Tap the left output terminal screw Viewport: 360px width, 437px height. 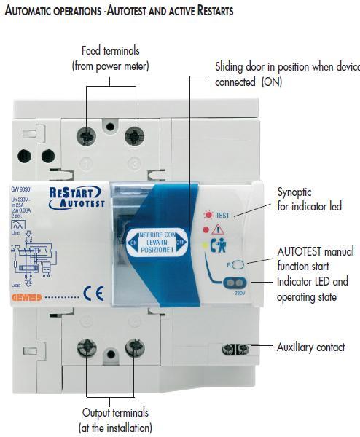click(88, 347)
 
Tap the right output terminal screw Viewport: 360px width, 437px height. click(133, 347)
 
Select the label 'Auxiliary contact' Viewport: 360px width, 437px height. click(310, 347)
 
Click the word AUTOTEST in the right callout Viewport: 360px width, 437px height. click(301, 252)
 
